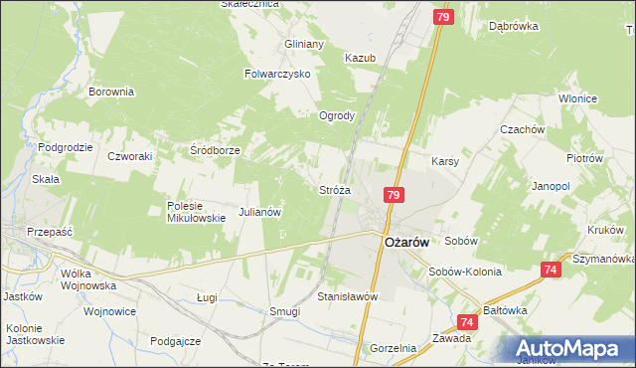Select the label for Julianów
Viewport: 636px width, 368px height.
[261, 212]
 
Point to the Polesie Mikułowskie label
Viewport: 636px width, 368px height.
[196, 212]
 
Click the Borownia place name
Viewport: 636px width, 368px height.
[111, 92]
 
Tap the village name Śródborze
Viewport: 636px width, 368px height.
[215, 150]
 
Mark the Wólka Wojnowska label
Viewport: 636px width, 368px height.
[87, 278]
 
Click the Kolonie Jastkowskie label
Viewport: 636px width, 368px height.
[35, 333]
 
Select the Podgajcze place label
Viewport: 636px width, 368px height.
[176, 340]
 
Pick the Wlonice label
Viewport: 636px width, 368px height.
[576, 98]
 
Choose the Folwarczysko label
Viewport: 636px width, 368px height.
[278, 74]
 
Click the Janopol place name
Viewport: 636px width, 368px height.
[551, 186]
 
